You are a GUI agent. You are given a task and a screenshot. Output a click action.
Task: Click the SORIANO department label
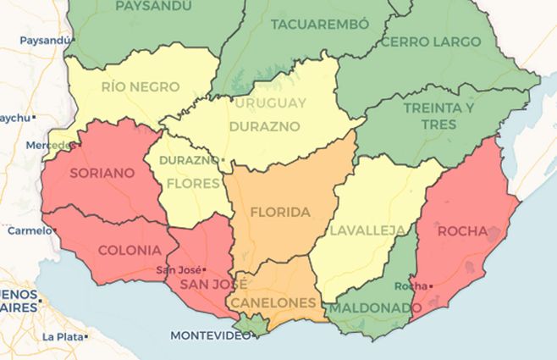(102, 173)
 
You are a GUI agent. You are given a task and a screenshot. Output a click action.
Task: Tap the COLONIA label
(130, 250)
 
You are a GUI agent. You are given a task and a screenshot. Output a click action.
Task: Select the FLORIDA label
(280, 212)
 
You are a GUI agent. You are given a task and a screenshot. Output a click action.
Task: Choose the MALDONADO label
(370, 307)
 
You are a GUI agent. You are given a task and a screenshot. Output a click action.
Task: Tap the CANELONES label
(273, 302)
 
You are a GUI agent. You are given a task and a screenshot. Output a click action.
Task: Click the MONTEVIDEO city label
(211, 335)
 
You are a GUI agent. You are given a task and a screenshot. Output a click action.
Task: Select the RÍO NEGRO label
(140, 86)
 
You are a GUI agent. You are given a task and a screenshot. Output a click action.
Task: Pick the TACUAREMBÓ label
(321, 24)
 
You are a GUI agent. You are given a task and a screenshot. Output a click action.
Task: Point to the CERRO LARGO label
(431, 41)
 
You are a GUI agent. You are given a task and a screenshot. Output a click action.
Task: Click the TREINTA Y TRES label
(438, 116)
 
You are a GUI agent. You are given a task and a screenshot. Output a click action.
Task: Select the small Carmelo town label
(30, 230)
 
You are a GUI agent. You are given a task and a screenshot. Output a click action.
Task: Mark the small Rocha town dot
(431, 286)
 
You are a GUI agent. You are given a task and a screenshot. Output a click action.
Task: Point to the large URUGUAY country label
(270, 102)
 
